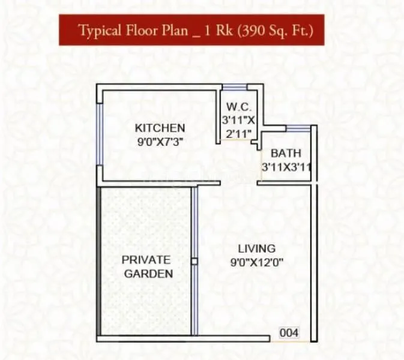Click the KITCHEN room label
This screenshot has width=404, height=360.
[x=159, y=128]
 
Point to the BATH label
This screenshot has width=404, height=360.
[x=285, y=153]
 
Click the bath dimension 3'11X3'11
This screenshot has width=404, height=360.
[x=286, y=167]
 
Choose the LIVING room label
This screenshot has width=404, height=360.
[x=256, y=248]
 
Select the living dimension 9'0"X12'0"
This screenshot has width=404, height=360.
[x=256, y=262]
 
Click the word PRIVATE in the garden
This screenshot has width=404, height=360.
[x=146, y=260]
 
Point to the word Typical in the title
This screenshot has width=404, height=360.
[x=98, y=31]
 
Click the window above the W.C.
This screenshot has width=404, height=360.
[x=234, y=88]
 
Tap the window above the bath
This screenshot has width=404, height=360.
[x=298, y=128]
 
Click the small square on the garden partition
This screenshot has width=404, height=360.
[x=194, y=261]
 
